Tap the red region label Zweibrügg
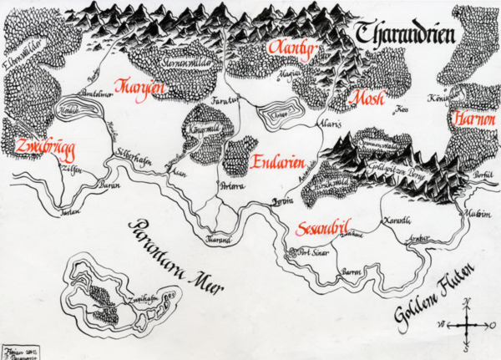[44, 145]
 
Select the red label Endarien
[277, 161]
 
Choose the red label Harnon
[473, 121]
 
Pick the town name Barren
[351, 273]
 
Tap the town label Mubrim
[478, 213]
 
